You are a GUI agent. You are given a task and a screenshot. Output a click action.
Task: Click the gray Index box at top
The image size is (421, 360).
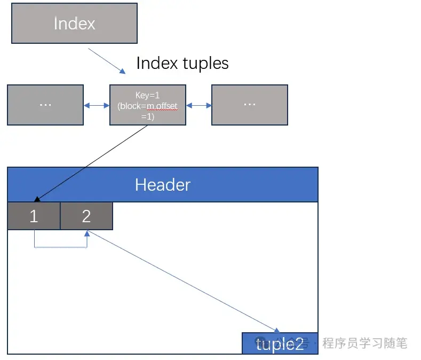coord(74,23)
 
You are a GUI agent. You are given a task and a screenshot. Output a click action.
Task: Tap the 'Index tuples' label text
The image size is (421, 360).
coord(182,63)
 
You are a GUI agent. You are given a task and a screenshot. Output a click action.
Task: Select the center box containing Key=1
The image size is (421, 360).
coord(148,105)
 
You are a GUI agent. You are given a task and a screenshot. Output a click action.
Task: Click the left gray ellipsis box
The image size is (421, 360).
coord(45,105)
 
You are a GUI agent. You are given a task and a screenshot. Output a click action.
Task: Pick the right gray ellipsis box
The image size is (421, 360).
coord(250,105)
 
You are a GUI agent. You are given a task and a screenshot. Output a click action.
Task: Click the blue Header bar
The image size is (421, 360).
coord(163,185)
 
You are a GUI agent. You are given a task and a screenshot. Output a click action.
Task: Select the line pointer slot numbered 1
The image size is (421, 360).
coord(34,216)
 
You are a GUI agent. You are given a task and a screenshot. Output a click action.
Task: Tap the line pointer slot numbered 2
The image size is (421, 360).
coord(86,216)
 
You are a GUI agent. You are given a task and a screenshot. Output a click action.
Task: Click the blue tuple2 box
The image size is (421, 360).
coord(280,343)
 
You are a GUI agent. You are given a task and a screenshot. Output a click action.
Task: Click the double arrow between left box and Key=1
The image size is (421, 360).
coord(97,106)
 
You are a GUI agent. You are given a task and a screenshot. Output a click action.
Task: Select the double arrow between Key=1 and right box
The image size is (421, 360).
coord(199,106)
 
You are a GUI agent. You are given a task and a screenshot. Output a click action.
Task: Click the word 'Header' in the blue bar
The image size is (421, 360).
coord(163,185)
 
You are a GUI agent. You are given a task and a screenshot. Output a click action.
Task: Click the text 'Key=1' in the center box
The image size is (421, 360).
coord(147,96)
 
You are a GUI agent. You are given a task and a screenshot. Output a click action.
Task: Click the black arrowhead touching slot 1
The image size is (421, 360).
coord(37,199)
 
